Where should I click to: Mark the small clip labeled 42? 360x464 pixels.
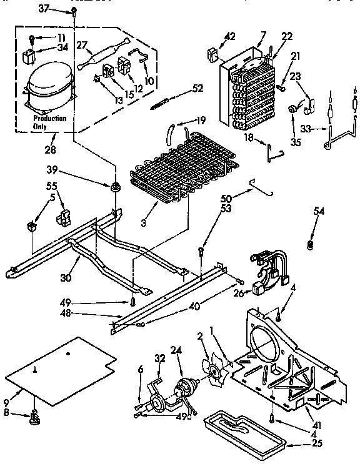211,54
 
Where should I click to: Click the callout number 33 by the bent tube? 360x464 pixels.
304,129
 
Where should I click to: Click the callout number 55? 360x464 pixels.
52,187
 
